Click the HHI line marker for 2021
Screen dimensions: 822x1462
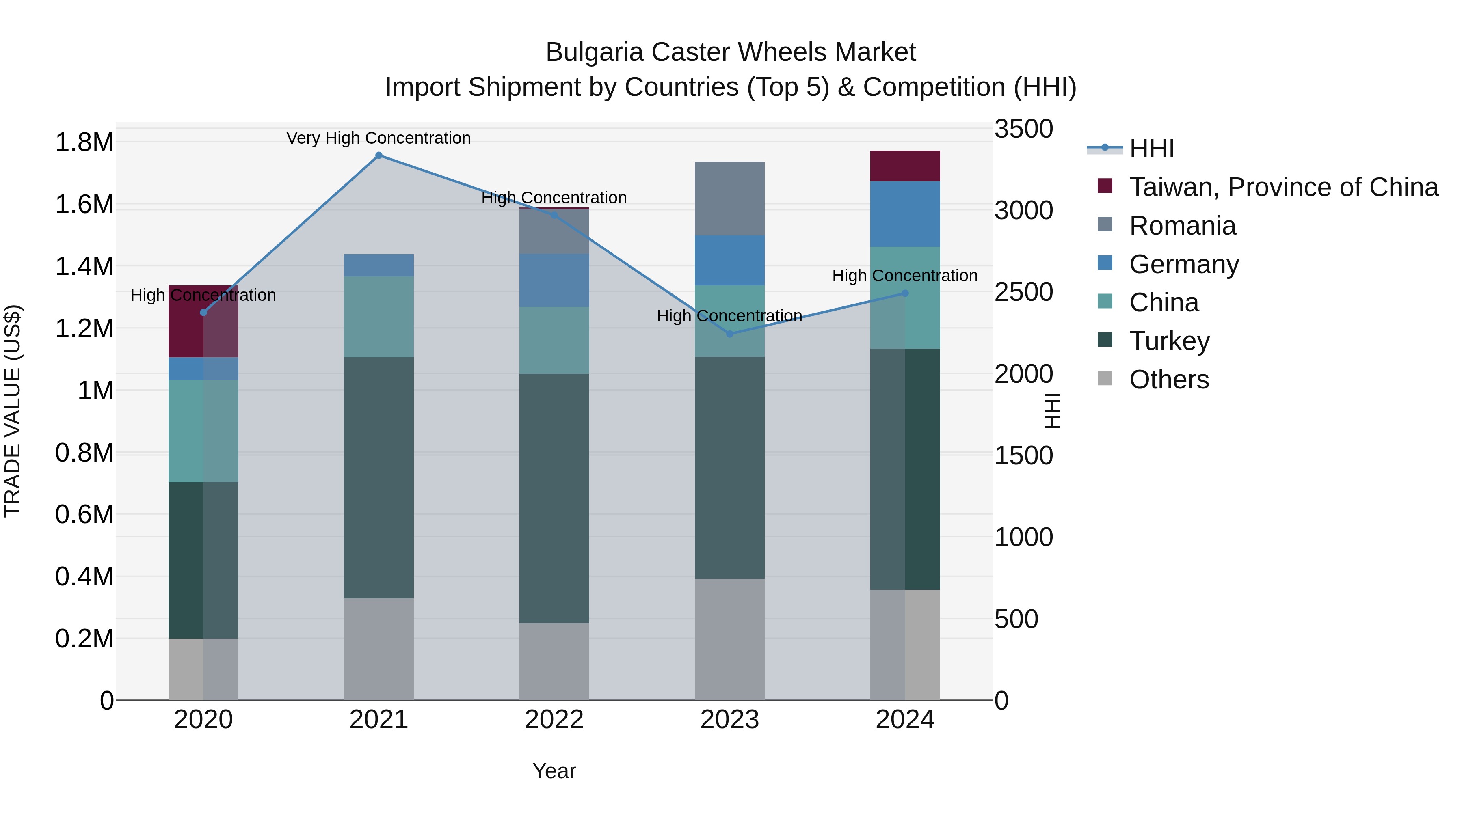pos(378,155)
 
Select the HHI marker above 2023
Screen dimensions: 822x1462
pos(730,334)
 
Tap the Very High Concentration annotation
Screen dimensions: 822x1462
pos(378,138)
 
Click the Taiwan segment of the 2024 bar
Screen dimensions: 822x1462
pos(905,166)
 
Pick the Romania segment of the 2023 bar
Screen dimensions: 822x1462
pos(730,198)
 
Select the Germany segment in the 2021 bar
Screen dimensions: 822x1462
pos(378,265)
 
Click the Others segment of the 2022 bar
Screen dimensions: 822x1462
pos(554,662)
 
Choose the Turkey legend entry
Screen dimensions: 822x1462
pos(1169,341)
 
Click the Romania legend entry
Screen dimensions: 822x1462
pos(1182,226)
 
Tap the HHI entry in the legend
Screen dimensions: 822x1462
pos(1152,149)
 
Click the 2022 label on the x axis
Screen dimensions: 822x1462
pos(554,720)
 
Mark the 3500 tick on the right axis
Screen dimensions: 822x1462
pos(1023,129)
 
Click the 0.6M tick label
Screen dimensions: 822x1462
pos(84,515)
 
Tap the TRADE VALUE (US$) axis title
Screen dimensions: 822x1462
pos(13,411)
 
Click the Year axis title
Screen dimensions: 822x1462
pos(554,771)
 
